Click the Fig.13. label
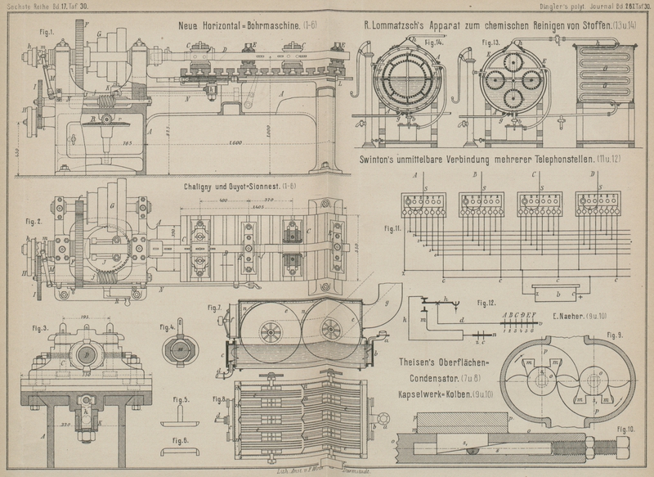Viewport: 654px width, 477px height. [x=492, y=42]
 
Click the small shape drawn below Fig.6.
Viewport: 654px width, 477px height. [x=181, y=451]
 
